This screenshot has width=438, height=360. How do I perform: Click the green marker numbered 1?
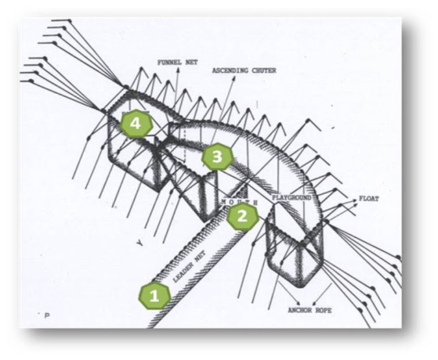click(x=154, y=296)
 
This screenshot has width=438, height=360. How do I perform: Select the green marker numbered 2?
click(x=242, y=217)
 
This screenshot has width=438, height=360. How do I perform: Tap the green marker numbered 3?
click(x=217, y=157)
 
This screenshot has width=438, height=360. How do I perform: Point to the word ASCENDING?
click(x=229, y=70)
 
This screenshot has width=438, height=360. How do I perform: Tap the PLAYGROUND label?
click(x=292, y=197)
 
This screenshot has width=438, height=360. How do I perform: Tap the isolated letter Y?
click(x=139, y=243)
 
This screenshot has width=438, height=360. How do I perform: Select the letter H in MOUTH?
click(x=255, y=203)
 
